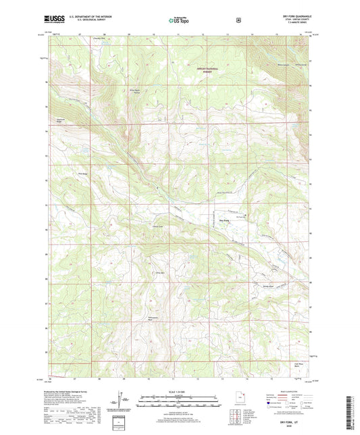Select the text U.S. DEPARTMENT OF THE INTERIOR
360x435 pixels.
pos(90,18)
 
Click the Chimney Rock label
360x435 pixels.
pos(161,272)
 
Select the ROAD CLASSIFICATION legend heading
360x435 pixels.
pos(284,392)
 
